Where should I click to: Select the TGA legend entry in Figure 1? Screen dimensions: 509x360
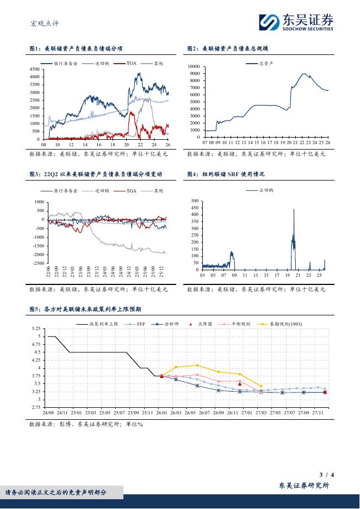pos(131,64)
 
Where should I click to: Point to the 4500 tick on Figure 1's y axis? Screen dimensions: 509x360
pos(34,70)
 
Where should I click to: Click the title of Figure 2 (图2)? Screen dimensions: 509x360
pos(228,49)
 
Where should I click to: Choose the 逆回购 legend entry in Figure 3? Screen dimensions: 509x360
pos(102,191)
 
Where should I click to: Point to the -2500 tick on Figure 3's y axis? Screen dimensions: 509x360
pos(37,263)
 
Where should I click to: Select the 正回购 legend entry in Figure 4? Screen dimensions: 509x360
pos(266,191)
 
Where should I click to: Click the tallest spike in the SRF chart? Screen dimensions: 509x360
pos(294,209)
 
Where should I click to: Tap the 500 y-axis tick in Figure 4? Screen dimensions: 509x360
pos(195,201)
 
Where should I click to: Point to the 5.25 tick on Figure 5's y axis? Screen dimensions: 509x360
pos(35,328)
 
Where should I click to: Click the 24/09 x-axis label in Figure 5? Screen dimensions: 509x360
pos(48,413)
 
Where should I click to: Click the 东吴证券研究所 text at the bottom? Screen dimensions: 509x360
pos(304,486)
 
